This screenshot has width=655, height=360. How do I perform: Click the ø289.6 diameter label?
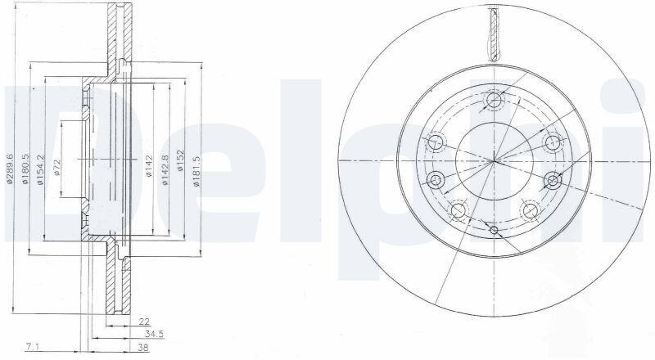click(10, 169)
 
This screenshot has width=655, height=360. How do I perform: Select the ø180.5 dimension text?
click(25, 169)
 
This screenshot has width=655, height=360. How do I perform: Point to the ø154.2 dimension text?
click(40, 169)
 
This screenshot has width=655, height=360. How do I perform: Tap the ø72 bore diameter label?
click(57, 168)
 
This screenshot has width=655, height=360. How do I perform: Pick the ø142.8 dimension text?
click(165, 169)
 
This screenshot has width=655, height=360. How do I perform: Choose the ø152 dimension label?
click(181, 160)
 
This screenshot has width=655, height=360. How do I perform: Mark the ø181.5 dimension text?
click(196, 171)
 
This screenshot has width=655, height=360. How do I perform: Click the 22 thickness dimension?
click(144, 322)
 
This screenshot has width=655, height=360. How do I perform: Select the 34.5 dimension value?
click(154, 334)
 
